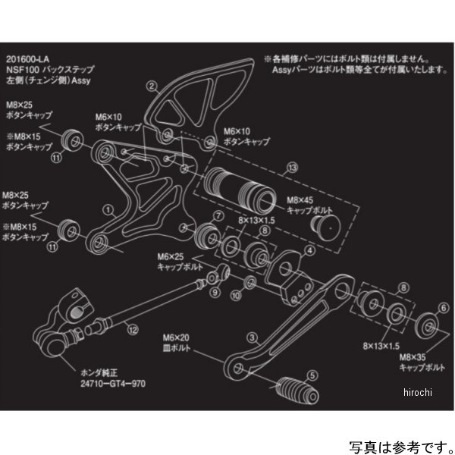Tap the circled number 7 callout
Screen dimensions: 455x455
218,216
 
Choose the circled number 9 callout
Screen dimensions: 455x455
215,292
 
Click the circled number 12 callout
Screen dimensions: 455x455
133,328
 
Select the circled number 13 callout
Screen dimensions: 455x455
292,165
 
